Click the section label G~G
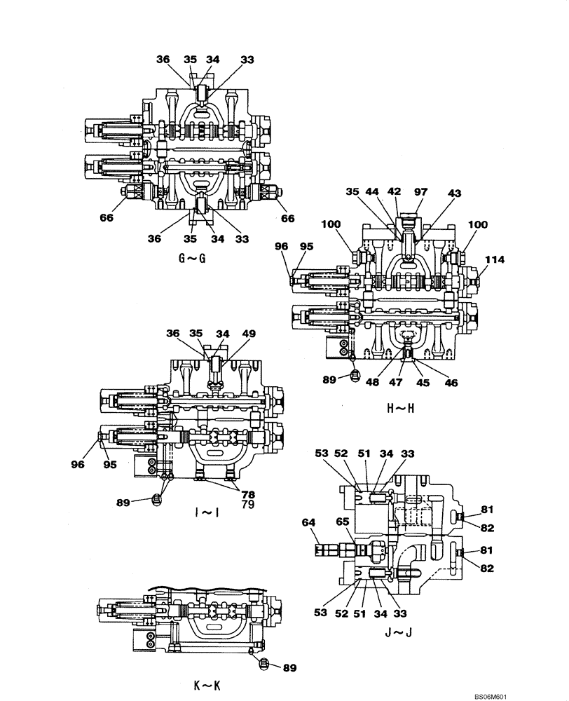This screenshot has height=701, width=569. [192, 258]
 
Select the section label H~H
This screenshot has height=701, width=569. [400, 408]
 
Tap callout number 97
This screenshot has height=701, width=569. [420, 191]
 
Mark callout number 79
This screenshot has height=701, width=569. [249, 504]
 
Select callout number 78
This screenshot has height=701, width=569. [249, 494]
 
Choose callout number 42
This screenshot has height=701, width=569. [397, 191]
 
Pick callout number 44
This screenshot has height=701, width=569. [375, 191]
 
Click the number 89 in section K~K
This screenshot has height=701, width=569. [287, 667]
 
